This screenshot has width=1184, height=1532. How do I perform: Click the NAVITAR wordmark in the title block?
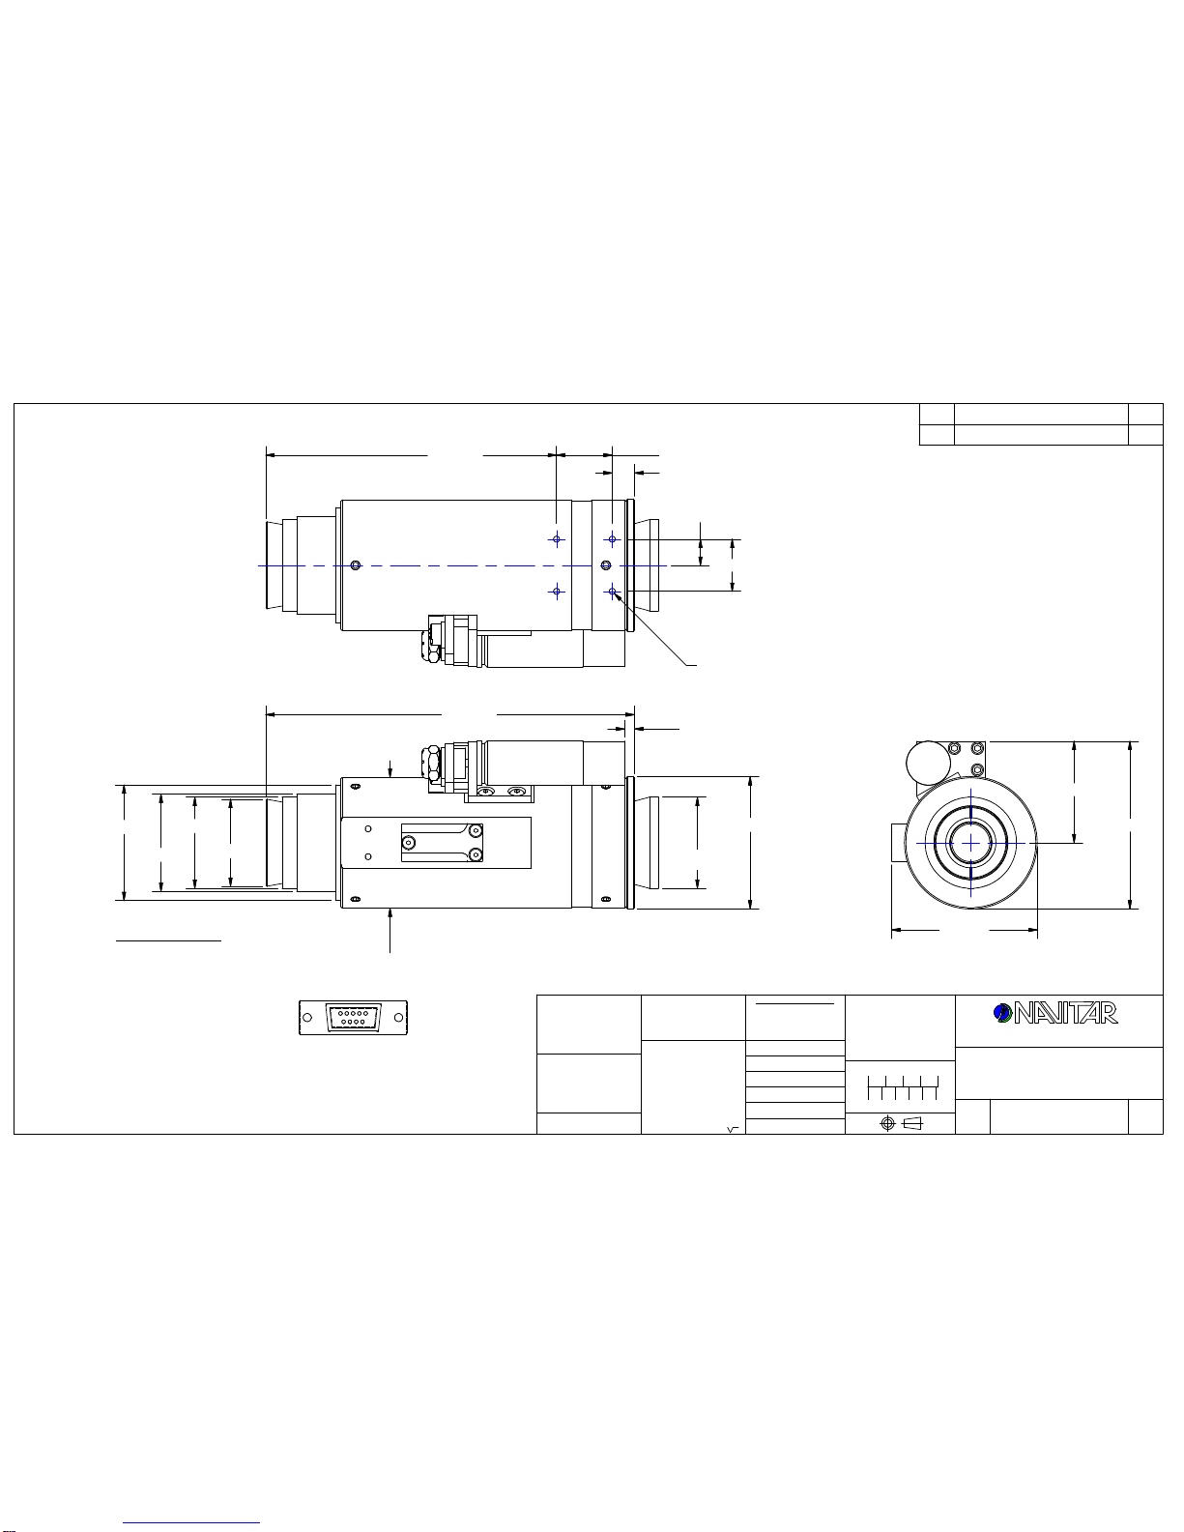click(1065, 1013)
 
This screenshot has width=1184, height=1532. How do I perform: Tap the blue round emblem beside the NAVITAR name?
click(1002, 1013)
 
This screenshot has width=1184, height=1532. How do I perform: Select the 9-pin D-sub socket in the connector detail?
click(353, 1018)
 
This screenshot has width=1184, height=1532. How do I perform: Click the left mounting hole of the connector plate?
click(307, 1018)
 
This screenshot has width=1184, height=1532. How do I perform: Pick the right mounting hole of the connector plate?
click(398, 1018)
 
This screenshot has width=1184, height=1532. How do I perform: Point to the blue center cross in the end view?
click(971, 843)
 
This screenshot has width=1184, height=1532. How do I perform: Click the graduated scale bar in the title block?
click(903, 1087)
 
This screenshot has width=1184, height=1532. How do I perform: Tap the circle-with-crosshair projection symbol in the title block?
click(888, 1124)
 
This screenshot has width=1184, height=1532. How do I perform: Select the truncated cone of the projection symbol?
click(912, 1124)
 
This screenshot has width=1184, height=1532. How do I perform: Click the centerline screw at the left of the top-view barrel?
click(356, 565)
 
